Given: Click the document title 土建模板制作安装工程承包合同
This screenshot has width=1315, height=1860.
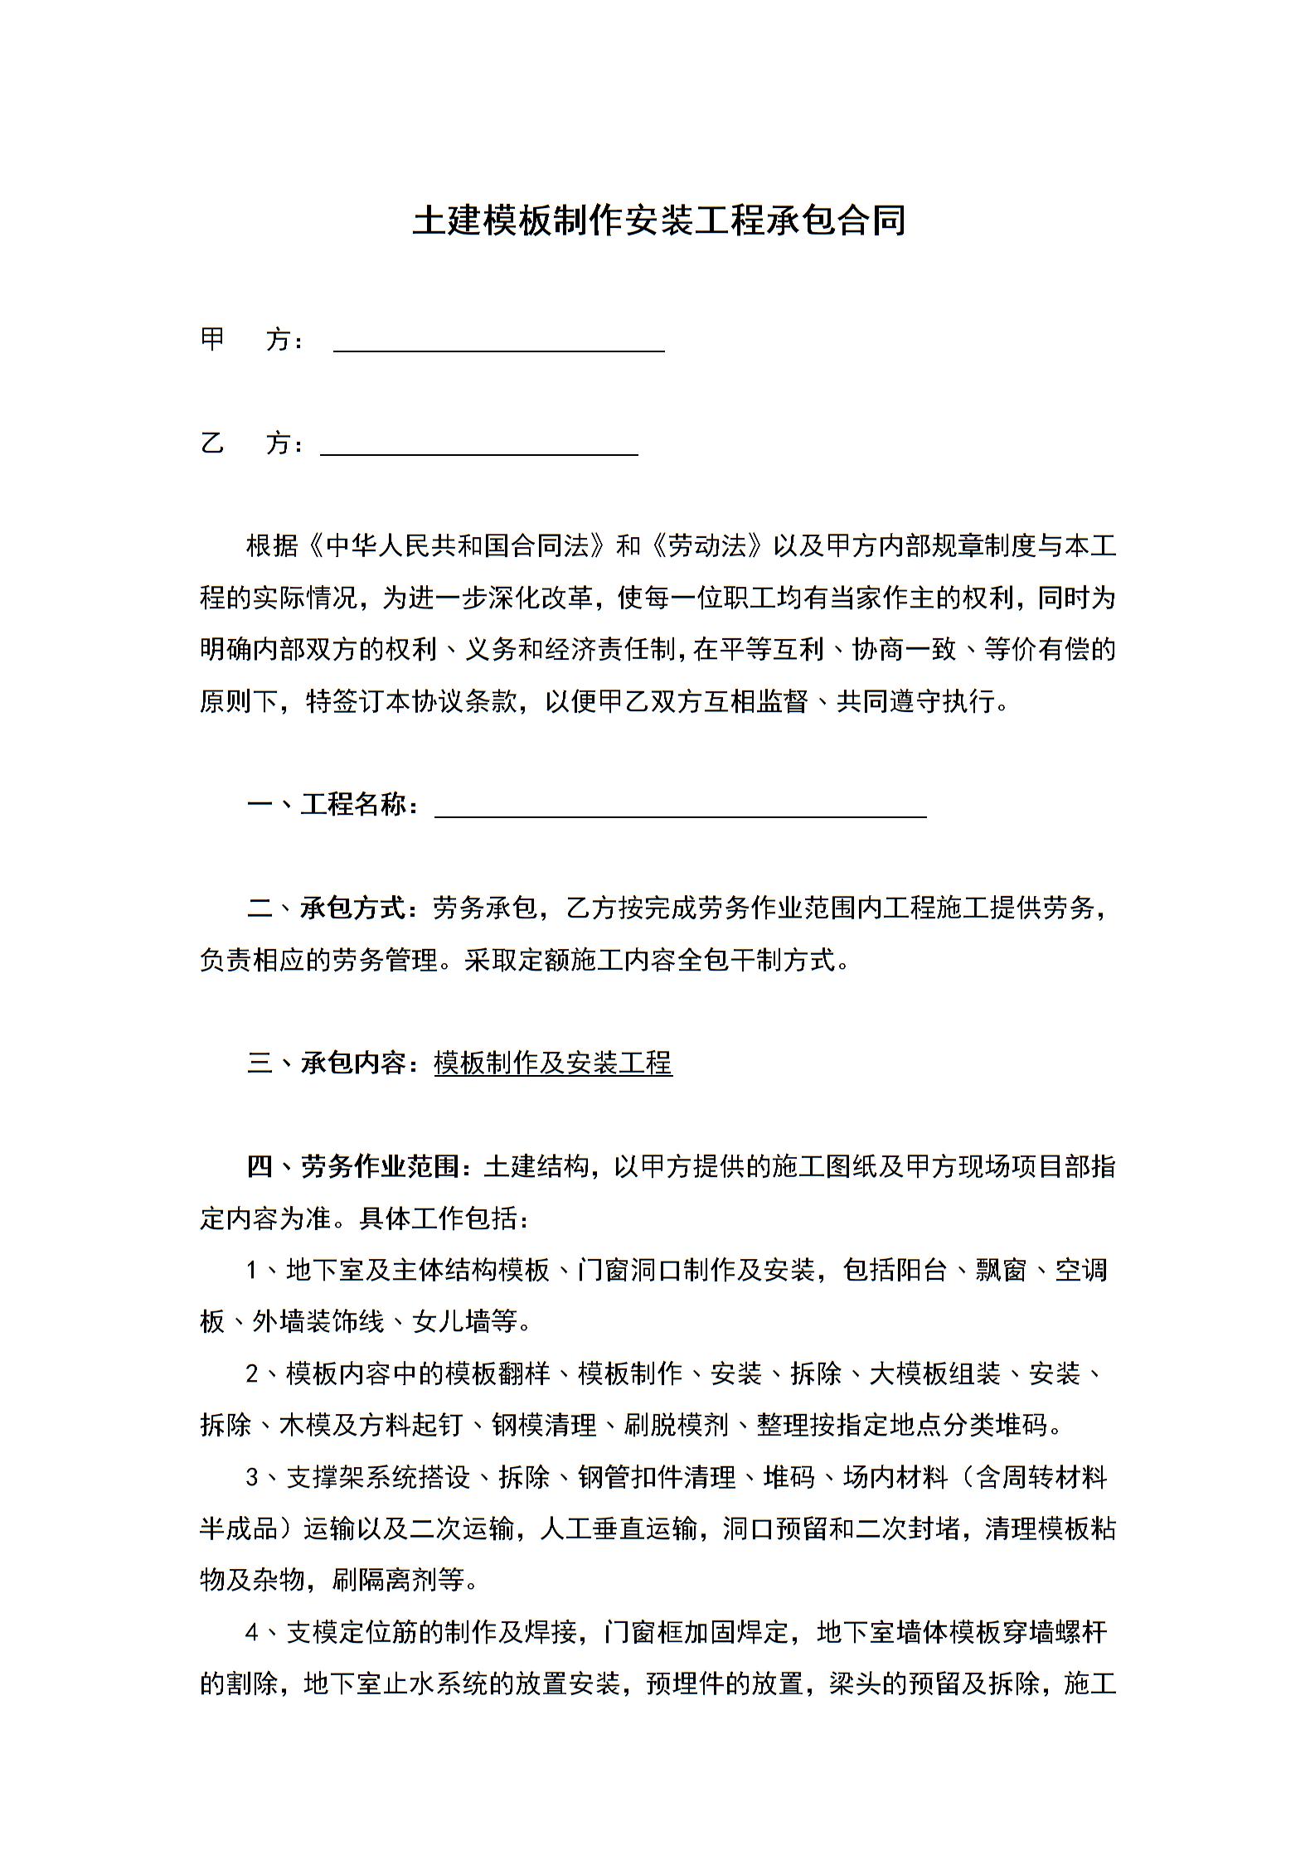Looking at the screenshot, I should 658,221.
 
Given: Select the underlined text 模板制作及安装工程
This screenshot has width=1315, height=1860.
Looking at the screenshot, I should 553,1063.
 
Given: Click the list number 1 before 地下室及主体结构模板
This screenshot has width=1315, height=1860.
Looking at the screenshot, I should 253,1271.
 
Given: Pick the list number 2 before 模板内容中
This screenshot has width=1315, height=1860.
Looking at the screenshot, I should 253,1374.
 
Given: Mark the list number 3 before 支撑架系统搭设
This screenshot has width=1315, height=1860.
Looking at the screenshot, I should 253,1478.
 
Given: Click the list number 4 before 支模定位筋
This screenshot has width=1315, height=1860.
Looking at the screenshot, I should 253,1633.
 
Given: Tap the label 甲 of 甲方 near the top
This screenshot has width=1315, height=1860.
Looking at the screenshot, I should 213,340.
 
